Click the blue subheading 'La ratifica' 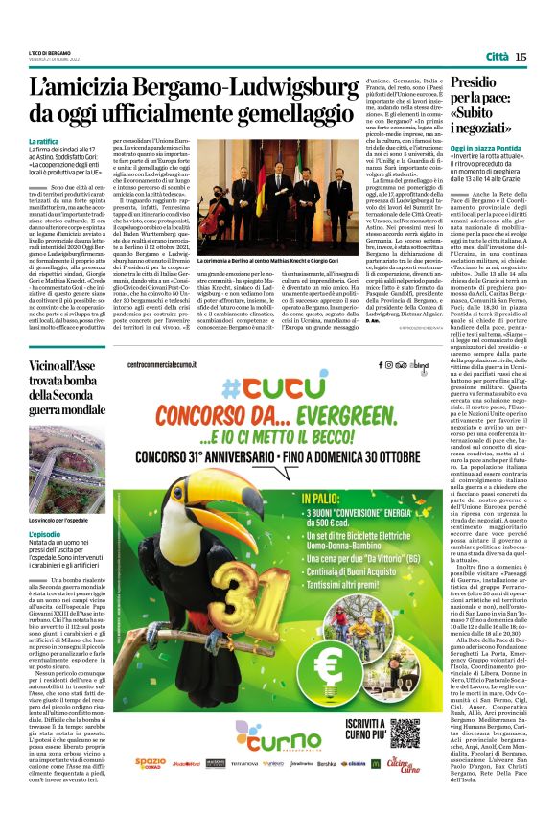pyautogui.click(x=49, y=142)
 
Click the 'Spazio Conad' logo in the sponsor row pyautogui.click(x=149, y=764)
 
